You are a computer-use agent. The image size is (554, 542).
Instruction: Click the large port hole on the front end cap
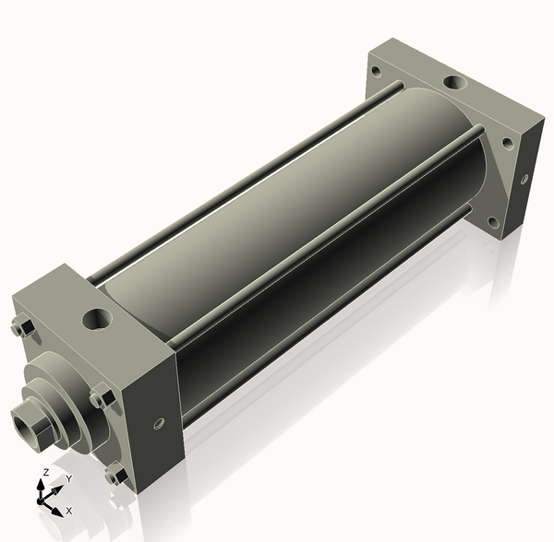click(97, 319)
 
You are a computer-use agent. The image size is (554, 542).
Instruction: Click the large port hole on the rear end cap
click(454, 83)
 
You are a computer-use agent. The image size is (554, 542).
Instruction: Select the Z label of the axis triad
click(46, 473)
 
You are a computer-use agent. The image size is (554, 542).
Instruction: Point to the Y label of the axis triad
click(69, 478)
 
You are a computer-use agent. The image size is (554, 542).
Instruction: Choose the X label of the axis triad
click(69, 511)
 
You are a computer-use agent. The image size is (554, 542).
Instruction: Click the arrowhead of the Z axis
click(41, 485)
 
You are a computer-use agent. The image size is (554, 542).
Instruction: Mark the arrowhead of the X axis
click(57, 512)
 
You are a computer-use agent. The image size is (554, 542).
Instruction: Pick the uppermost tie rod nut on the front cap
click(23, 328)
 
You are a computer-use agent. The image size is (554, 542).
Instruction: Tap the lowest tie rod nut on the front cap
click(116, 476)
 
